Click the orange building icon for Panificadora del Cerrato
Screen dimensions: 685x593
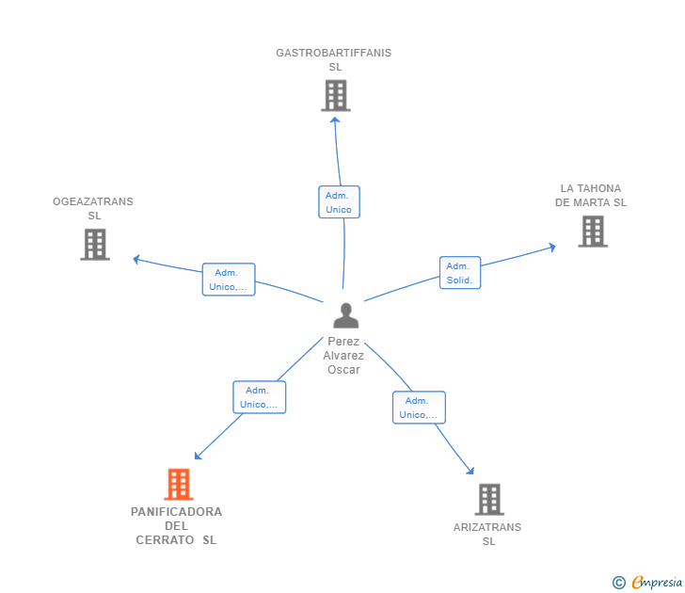[179, 484]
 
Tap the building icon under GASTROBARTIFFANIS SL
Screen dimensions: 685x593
[336, 95]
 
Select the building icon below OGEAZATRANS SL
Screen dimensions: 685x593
[95, 245]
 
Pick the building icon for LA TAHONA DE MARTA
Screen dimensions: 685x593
[593, 232]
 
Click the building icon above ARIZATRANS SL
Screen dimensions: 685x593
[489, 500]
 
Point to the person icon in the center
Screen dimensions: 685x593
[346, 315]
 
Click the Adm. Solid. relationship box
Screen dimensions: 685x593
[460, 273]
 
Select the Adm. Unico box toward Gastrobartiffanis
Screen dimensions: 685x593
[339, 201]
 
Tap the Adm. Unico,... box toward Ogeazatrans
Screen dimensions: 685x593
[229, 280]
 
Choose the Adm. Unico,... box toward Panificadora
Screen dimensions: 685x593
[260, 397]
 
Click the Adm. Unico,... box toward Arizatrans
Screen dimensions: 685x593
[419, 408]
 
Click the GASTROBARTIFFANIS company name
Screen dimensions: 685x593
[334, 53]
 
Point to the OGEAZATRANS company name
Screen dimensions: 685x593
[93, 201]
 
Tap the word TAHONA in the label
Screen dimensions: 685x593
[599, 188]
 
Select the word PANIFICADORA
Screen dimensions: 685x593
[177, 512]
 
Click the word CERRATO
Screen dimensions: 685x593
[165, 540]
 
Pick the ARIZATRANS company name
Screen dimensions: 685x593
[487, 527]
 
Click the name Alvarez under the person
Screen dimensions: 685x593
[343, 356]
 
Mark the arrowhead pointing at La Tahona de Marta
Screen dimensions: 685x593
[552, 248]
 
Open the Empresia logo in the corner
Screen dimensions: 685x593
[647, 582]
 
